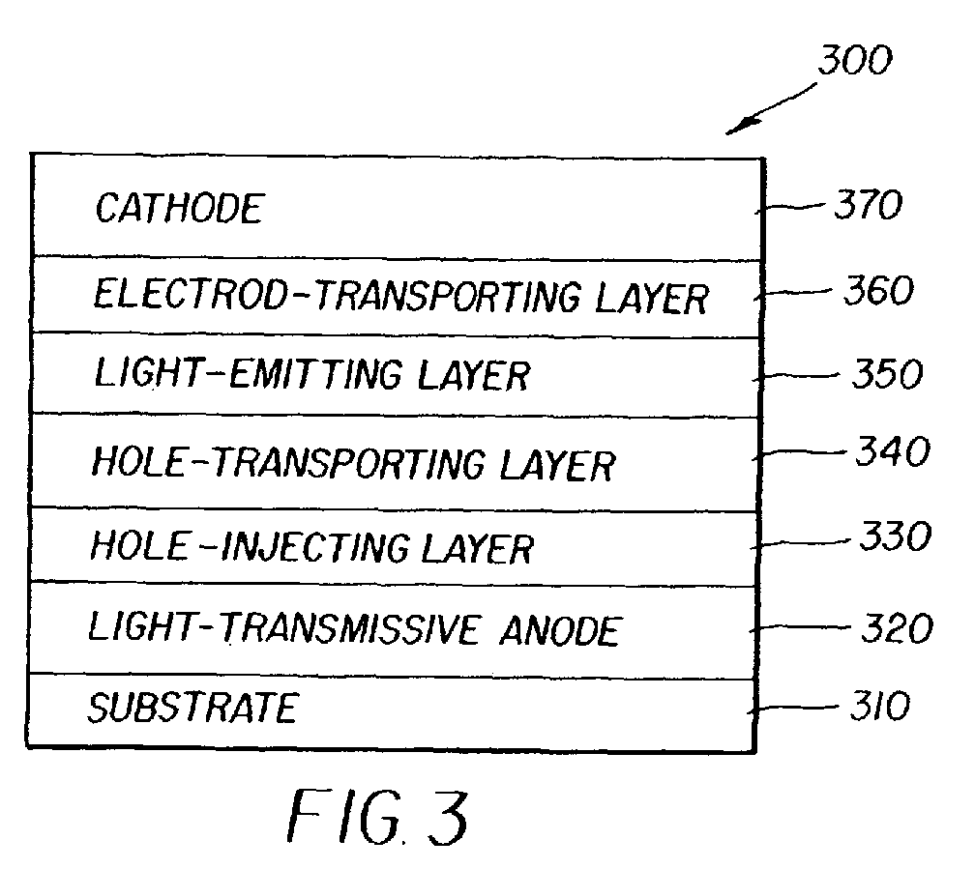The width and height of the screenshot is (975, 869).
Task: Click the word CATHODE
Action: pyautogui.click(x=178, y=209)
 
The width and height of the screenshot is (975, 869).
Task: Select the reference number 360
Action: pyautogui.click(x=874, y=291)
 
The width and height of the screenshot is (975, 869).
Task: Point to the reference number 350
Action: pyautogui.click(x=887, y=374)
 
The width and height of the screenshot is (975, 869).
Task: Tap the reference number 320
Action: pyautogui.click(x=895, y=629)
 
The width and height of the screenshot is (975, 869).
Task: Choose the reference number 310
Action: pyautogui.click(x=875, y=707)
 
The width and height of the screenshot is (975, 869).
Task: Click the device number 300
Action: pyautogui.click(x=852, y=61)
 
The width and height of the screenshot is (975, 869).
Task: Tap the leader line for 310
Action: pyautogui.click(x=796, y=709)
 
